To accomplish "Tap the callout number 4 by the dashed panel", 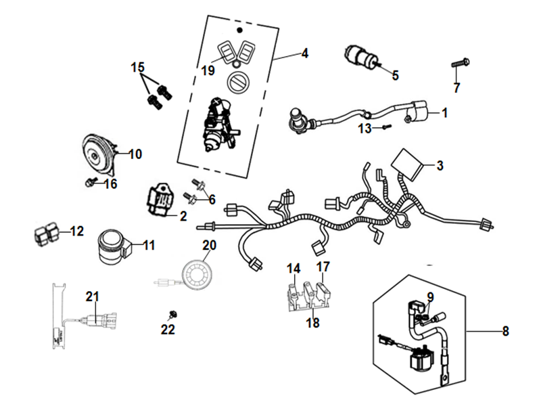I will [x=304, y=53].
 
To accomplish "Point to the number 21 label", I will [x=92, y=295].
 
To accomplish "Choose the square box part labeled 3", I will [x=408, y=162].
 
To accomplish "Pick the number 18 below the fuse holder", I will [x=312, y=323].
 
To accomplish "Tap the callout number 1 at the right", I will [x=444, y=113].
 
